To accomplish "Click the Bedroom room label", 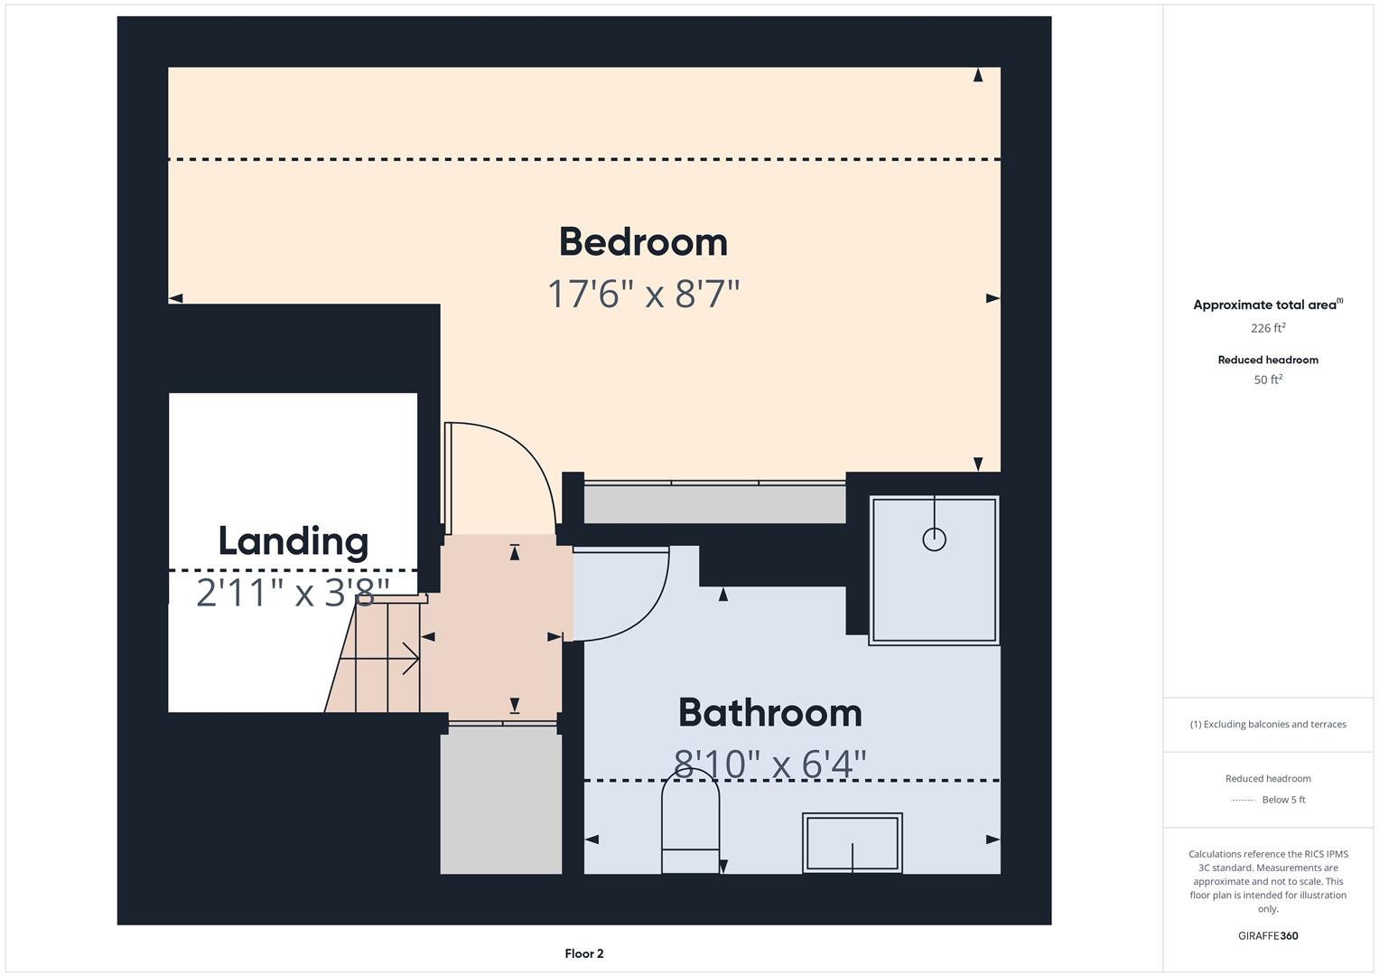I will [x=643, y=242].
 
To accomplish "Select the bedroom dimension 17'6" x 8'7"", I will [x=643, y=294].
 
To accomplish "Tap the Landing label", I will [x=293, y=541].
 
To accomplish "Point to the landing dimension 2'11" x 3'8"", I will [x=293, y=594].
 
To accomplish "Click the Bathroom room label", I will [x=769, y=713].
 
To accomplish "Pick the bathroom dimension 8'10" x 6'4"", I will [x=769, y=765].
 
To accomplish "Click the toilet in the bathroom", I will [x=690, y=822].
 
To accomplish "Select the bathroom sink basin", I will [x=852, y=842].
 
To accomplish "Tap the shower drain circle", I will [x=934, y=540].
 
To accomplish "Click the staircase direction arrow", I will [x=379, y=659].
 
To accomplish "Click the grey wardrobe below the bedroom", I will [x=713, y=504].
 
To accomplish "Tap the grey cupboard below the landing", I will [x=500, y=800].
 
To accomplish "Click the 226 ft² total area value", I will [x=1267, y=328].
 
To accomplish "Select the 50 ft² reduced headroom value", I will [x=1267, y=380].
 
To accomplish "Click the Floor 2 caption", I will [x=583, y=953].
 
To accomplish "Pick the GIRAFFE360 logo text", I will [x=1267, y=935].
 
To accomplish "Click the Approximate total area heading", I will [x=1266, y=305].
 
